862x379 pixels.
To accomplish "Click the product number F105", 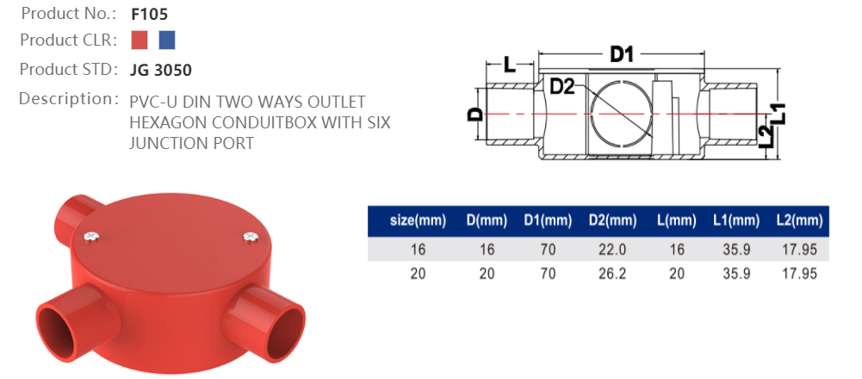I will pos(149,14).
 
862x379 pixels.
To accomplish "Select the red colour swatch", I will pos(140,40).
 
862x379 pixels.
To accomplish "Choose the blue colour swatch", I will pos(167,40).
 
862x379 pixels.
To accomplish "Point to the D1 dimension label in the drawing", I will pos(622,55).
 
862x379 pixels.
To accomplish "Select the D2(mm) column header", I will pos(612,221).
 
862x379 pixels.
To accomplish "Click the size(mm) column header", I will pos(418,221).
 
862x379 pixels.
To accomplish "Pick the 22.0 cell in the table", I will pos(612,250).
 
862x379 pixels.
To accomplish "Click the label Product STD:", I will pos(68,69).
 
